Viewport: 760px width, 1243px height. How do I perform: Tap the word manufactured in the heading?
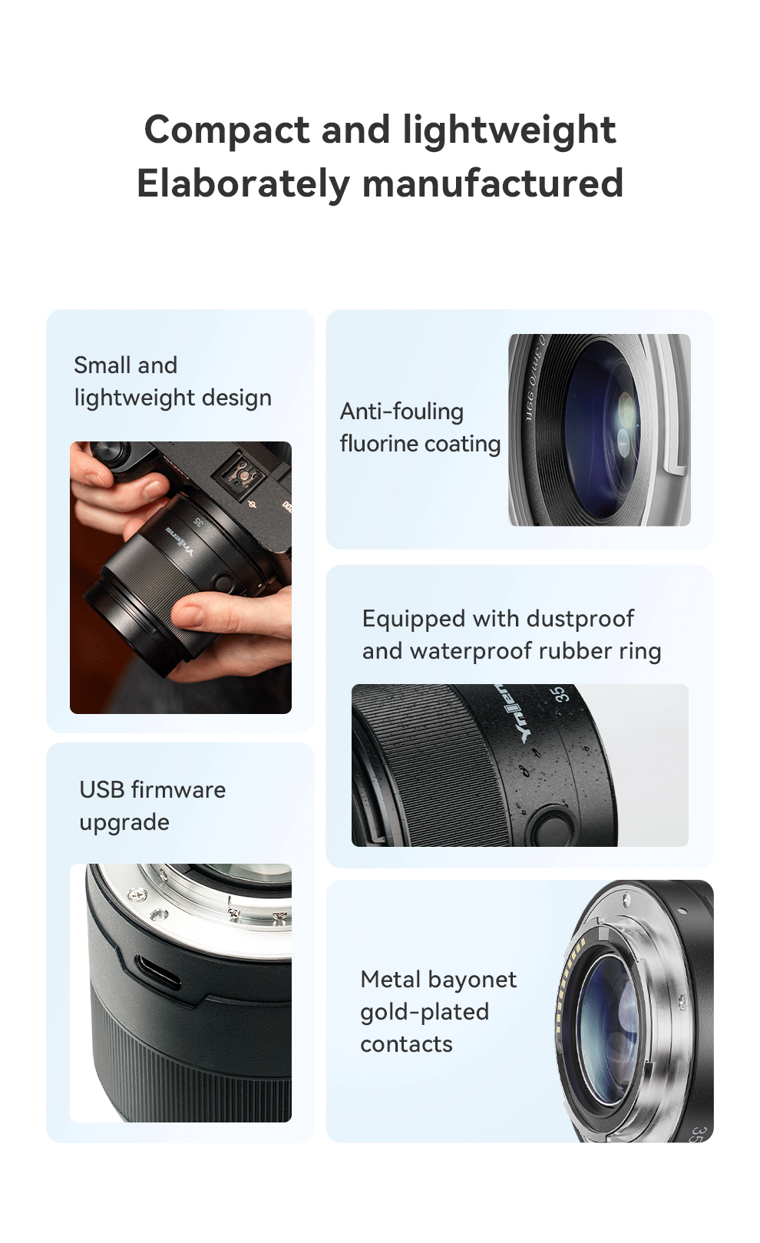point(493,183)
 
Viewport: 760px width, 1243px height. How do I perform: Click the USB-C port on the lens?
point(158,972)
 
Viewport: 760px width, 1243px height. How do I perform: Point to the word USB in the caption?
point(102,789)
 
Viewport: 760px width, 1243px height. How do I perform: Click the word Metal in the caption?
point(391,980)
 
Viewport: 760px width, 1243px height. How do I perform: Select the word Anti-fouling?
point(401,412)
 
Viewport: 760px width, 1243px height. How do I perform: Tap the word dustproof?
point(580,620)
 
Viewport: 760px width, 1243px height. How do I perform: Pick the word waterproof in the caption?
point(473,652)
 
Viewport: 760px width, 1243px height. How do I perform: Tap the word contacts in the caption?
point(407,1044)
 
